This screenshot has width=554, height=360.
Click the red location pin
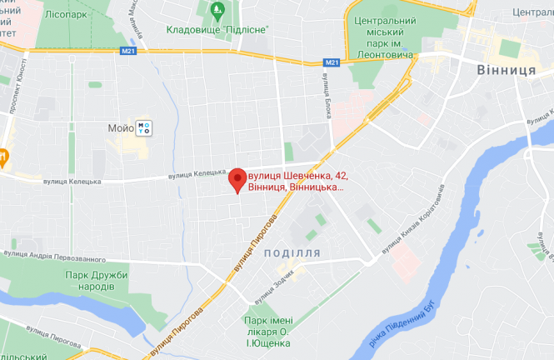pos(237,179)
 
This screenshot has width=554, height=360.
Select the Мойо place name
pos(120,128)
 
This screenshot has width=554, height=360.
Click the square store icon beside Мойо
pos(145,127)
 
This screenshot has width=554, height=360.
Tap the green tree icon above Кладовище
pos(217,11)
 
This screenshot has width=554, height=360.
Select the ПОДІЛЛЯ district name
pos(292,252)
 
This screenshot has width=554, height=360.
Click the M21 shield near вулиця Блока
pos(331,62)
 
